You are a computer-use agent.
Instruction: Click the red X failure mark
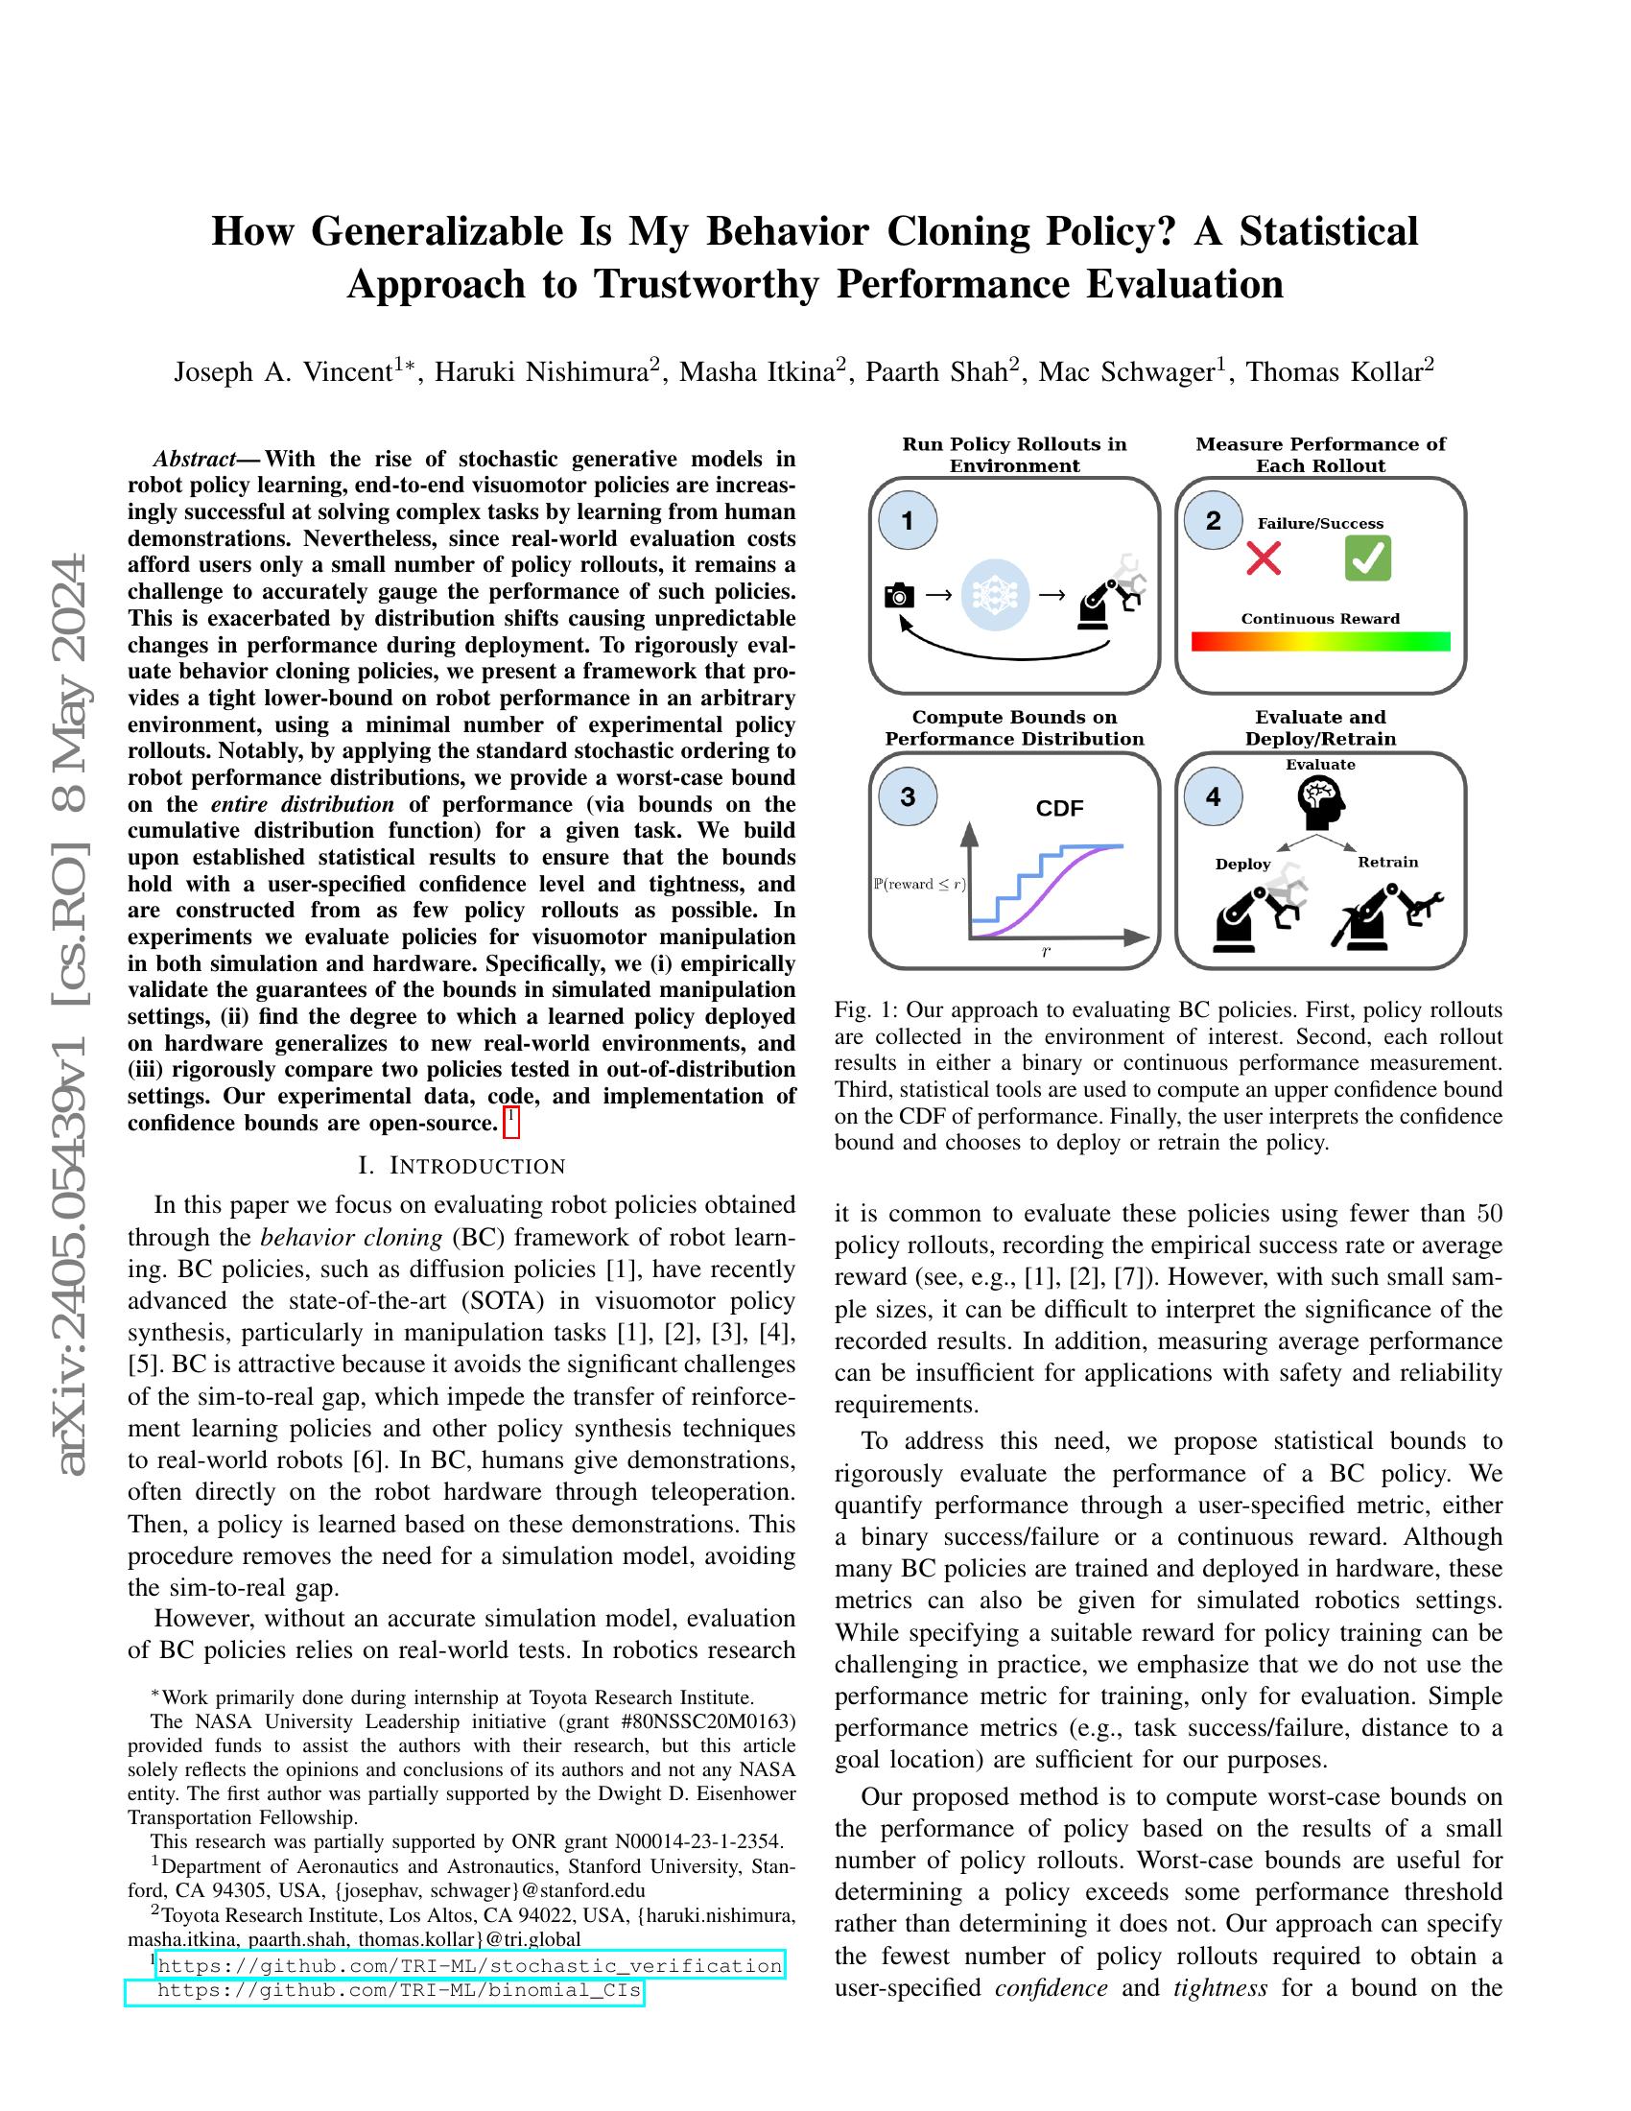click(1263, 558)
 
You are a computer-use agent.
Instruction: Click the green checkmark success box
click(1367, 558)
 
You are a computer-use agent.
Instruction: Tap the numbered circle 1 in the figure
click(907, 521)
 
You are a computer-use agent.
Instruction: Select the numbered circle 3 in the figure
click(907, 796)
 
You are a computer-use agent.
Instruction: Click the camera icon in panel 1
click(899, 595)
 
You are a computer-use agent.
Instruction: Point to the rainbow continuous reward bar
click(1320, 642)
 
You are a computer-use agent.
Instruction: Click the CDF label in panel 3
click(1059, 808)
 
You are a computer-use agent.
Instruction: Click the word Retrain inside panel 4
click(1387, 863)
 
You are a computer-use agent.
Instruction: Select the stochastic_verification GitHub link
click(469, 1966)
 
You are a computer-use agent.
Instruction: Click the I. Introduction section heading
click(461, 1166)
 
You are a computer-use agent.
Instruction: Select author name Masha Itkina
click(757, 372)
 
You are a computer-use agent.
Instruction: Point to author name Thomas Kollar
click(1334, 372)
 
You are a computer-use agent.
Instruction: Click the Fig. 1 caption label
click(864, 1010)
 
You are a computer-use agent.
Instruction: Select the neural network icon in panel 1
click(995, 595)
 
